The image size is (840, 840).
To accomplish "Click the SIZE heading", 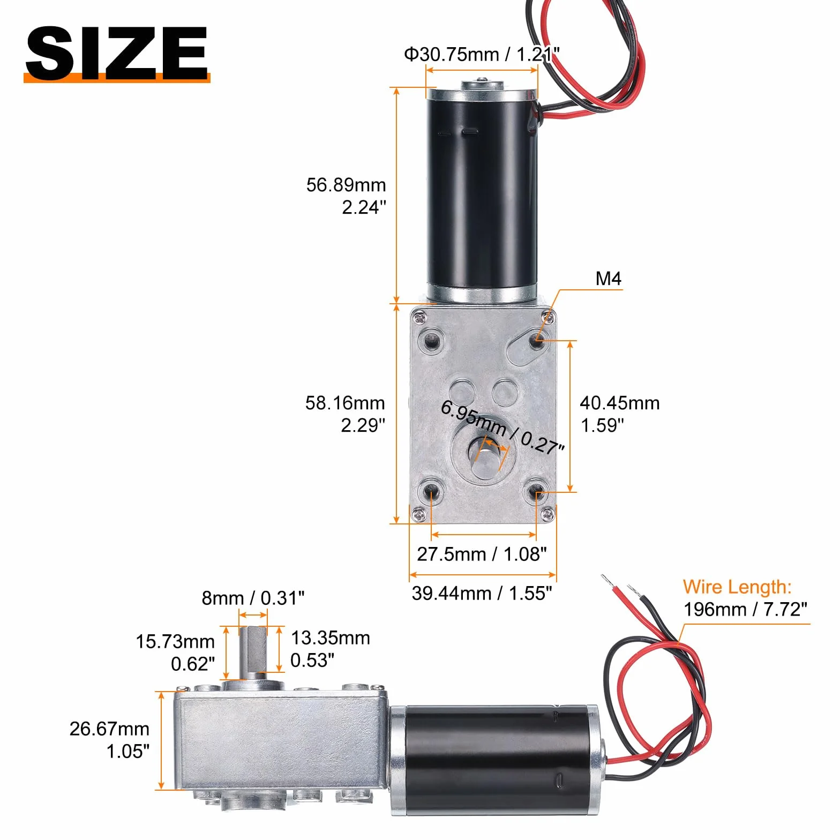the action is click(x=117, y=53).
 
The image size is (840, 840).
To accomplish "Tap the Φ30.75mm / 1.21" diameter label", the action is click(x=482, y=54).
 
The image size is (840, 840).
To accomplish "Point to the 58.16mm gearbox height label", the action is click(x=345, y=414).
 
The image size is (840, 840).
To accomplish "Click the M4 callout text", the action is click(x=608, y=279).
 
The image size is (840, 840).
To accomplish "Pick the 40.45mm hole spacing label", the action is click(x=619, y=414).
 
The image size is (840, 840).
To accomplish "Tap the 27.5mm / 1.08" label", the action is click(x=482, y=554).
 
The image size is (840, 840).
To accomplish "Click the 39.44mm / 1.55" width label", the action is click(x=482, y=593).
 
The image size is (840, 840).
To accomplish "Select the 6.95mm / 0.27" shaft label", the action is click(x=502, y=427).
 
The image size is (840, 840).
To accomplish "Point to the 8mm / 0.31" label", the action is click(x=253, y=598).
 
